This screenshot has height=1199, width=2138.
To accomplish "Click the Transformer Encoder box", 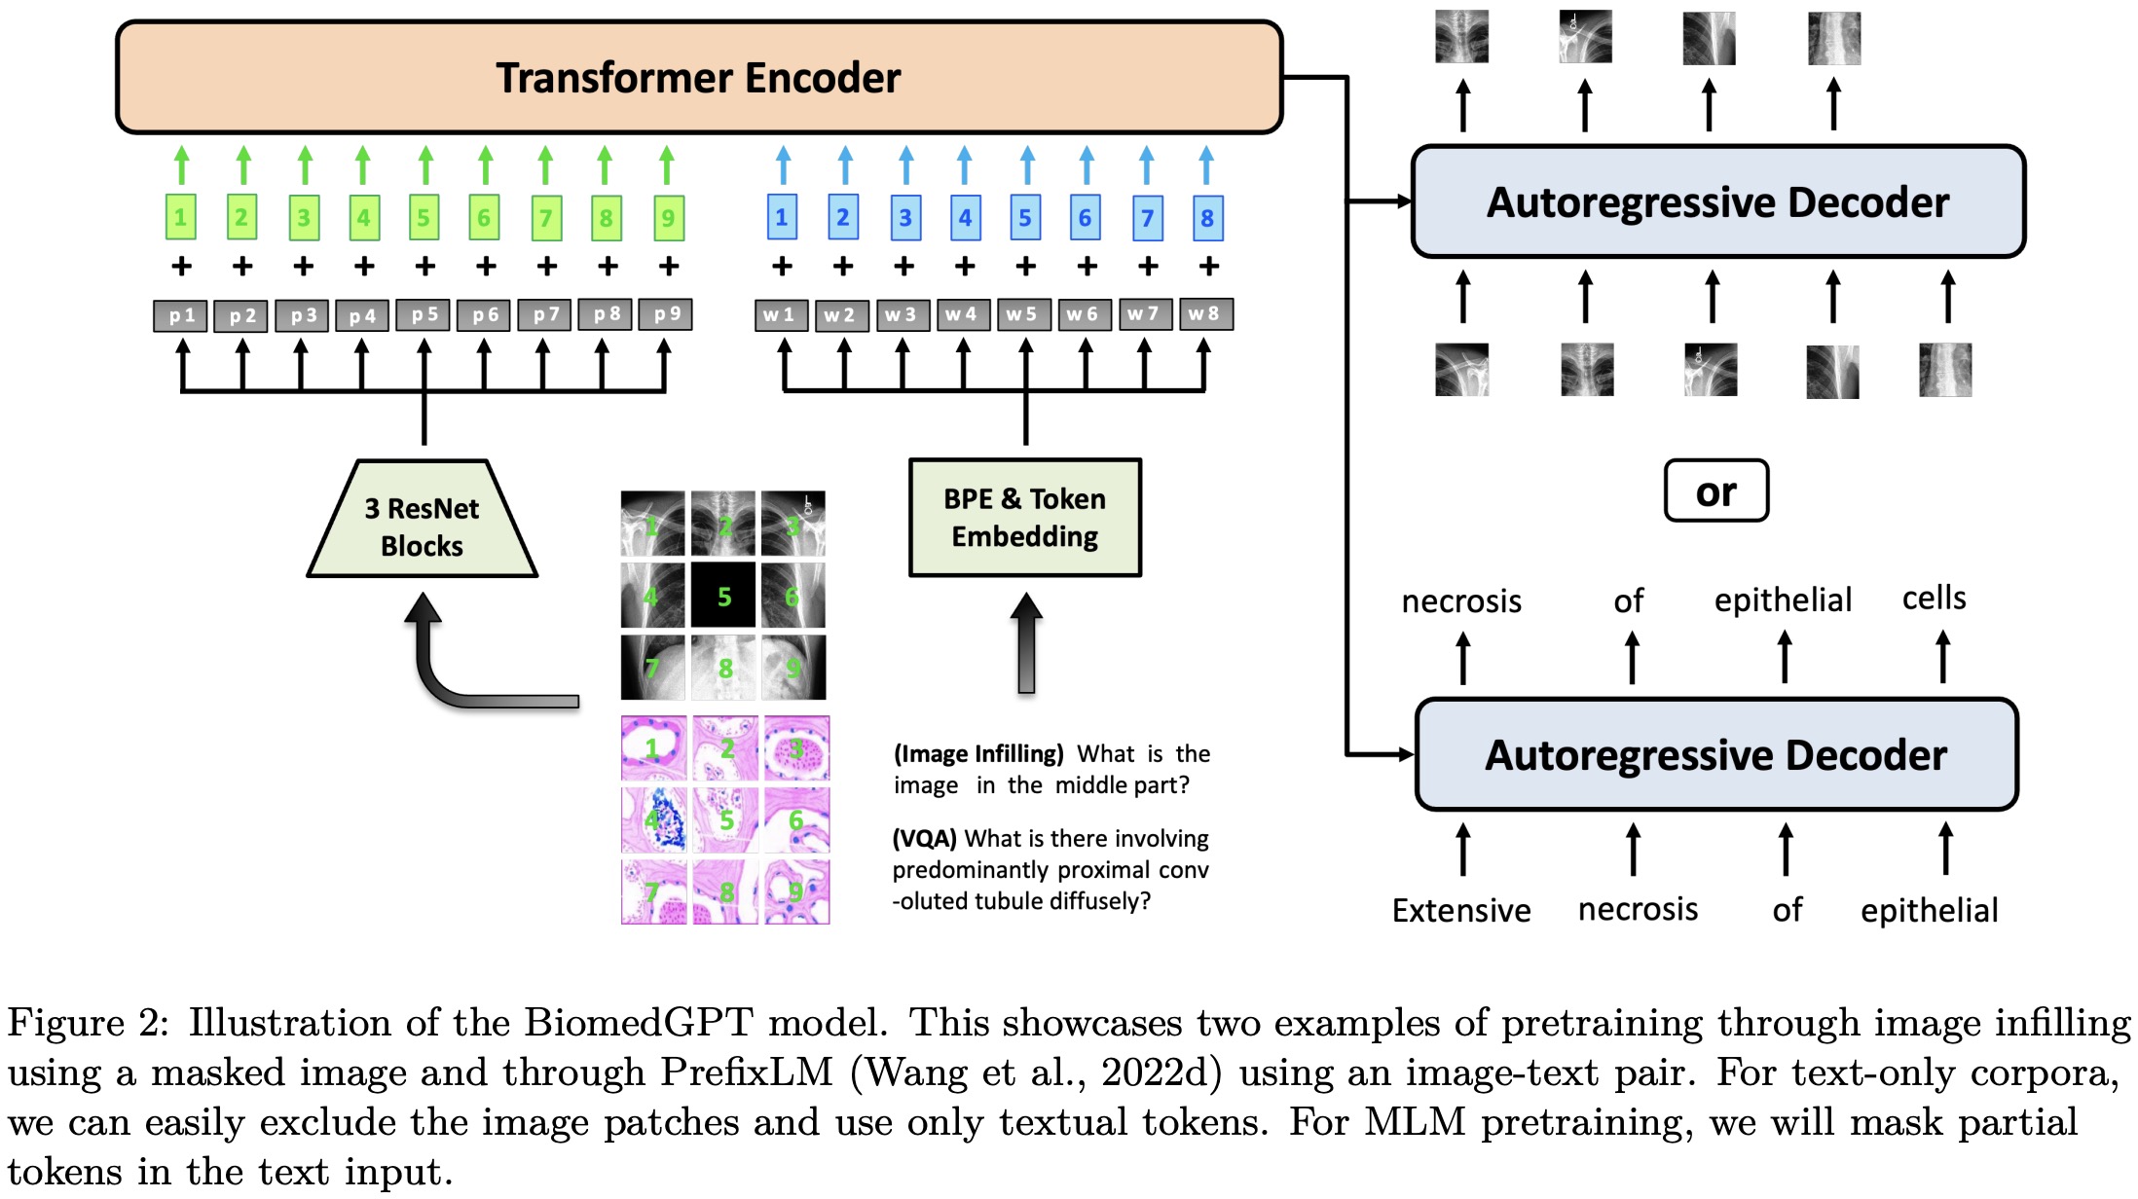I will [698, 78].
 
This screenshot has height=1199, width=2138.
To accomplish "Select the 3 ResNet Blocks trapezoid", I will [423, 526].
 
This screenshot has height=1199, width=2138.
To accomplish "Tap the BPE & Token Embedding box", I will [1024, 518].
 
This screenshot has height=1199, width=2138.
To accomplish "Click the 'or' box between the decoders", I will [1715, 491].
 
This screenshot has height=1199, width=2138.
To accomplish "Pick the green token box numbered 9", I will [668, 218].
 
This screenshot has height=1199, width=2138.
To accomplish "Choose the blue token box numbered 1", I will [782, 218].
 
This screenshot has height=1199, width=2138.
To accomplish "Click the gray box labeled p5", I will [424, 314].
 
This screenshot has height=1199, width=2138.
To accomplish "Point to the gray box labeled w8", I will [1204, 313].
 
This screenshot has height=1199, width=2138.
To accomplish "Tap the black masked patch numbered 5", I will [723, 596].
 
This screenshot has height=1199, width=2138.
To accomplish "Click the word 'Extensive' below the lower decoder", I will [1460, 911].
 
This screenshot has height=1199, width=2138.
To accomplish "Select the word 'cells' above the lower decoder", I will [1934, 598].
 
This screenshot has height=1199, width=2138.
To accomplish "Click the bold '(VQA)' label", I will [925, 838].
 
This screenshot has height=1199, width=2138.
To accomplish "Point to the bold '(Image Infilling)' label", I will [978, 754].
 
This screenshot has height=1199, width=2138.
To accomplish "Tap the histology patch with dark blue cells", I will [654, 819].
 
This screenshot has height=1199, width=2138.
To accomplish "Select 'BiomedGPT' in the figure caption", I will [639, 1023].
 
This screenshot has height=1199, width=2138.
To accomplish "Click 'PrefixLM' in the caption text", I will [747, 1072].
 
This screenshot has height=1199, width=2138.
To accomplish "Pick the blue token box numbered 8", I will [1207, 218].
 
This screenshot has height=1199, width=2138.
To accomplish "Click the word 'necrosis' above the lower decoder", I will [1460, 601].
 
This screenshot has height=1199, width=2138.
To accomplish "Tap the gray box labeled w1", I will [780, 314].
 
